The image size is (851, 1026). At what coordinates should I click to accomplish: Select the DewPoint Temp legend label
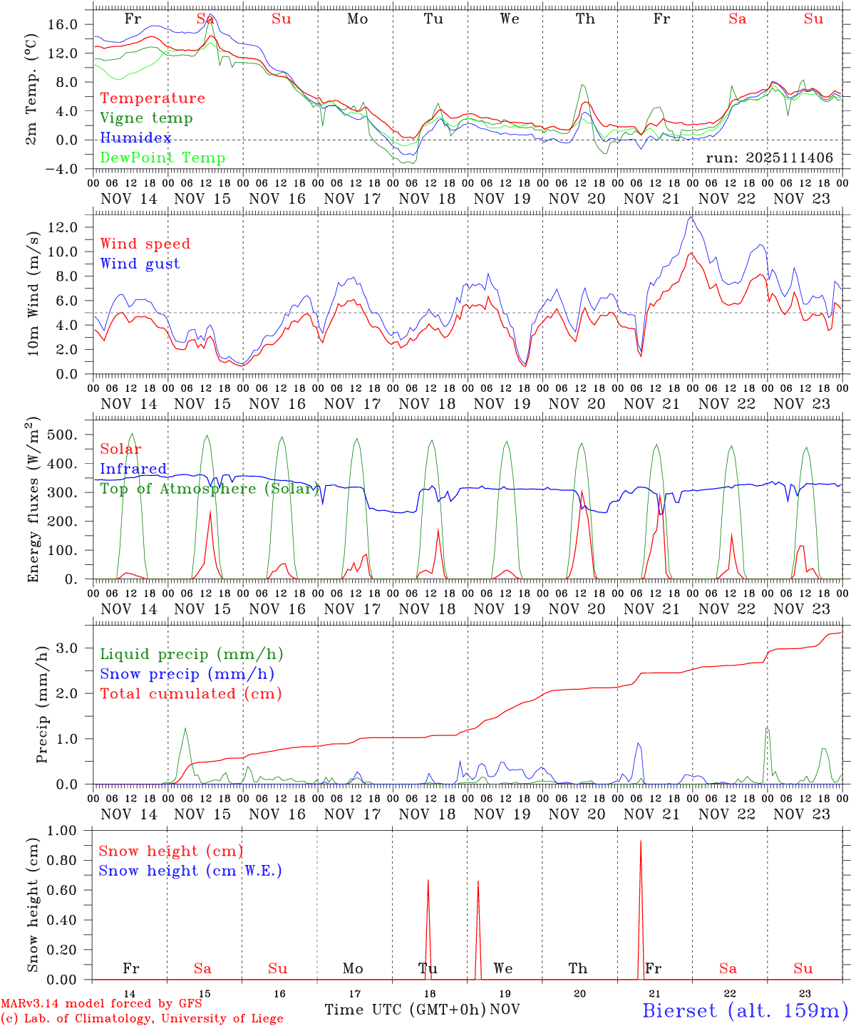[163, 158]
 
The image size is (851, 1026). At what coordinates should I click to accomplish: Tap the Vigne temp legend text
[146, 118]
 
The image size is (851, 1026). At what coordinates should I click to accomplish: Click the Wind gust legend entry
[140, 264]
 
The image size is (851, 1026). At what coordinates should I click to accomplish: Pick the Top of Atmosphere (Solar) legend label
[209, 489]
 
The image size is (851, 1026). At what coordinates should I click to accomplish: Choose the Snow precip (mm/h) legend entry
[187, 674]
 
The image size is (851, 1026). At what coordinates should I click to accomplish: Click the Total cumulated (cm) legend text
[190, 694]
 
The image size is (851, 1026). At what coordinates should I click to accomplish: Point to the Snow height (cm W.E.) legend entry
[190, 871]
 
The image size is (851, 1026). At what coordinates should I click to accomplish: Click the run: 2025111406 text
[769, 158]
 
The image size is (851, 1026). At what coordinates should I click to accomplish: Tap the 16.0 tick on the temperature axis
[63, 24]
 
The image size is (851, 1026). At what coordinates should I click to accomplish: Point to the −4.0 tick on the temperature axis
[63, 169]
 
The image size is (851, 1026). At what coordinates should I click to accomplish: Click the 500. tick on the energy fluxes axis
[68, 435]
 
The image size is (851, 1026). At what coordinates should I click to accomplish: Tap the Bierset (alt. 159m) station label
[745, 1010]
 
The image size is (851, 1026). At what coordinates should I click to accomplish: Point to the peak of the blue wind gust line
[690, 217]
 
